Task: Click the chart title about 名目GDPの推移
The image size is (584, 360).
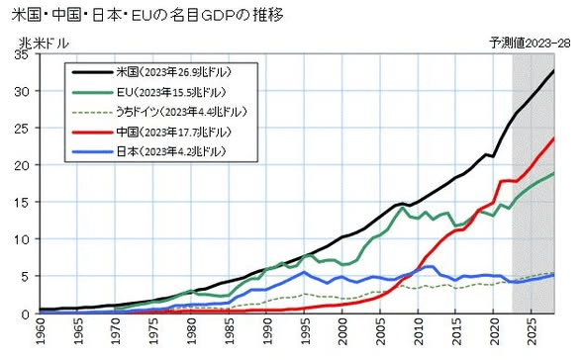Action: point(147,15)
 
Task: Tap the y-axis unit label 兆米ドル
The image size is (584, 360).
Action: point(44,44)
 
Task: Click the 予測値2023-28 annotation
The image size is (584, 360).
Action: point(530,44)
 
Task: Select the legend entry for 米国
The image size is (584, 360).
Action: point(151,72)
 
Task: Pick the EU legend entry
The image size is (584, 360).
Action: point(149,92)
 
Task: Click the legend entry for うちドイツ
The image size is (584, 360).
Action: point(159,112)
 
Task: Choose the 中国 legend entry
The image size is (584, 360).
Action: point(151,132)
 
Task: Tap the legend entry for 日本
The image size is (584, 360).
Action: point(149,151)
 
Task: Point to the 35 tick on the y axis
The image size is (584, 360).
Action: point(22,54)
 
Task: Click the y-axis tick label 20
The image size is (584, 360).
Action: point(22,165)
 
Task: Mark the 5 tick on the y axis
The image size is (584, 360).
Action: point(26,276)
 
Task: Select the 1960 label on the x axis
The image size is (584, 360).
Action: point(40,332)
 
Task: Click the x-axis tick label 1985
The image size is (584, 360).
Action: point(229,332)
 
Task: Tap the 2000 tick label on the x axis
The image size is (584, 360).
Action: point(342,332)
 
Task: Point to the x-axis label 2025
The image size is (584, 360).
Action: point(533,332)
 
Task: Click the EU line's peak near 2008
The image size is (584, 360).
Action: point(402,208)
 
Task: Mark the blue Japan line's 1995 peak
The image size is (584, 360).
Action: point(304,272)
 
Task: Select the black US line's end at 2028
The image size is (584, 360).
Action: point(554,70)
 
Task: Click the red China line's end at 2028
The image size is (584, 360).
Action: point(554,138)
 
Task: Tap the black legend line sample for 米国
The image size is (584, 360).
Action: point(92,72)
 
